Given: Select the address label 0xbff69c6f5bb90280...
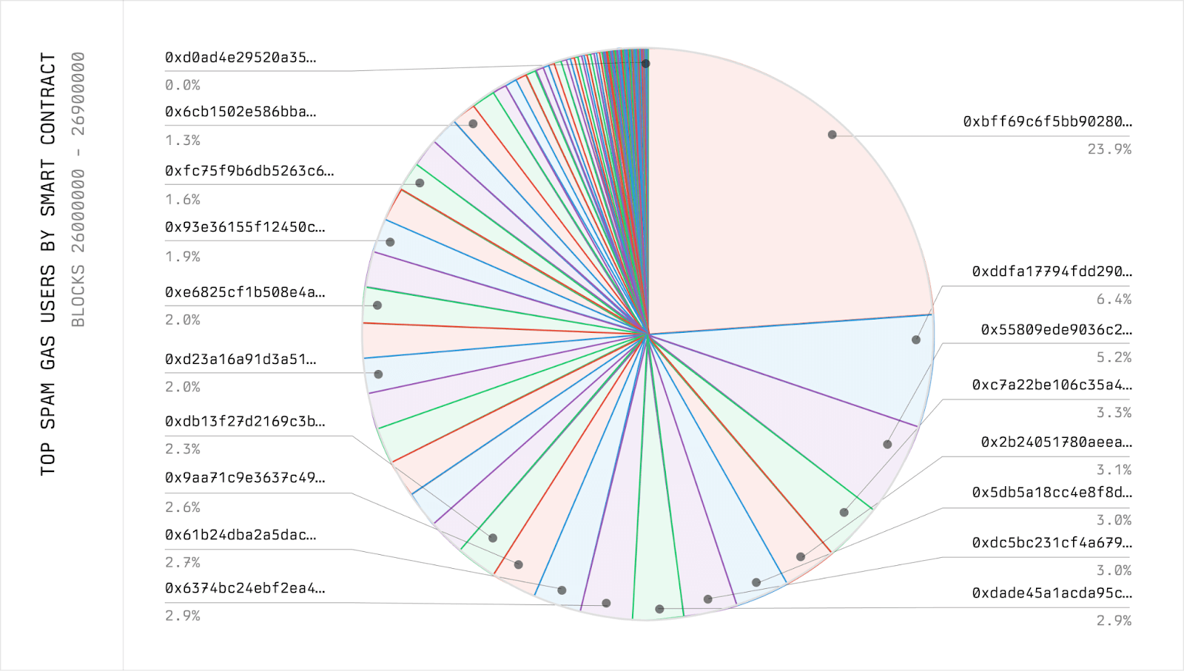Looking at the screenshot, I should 1047,121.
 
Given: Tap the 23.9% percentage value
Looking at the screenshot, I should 1109,149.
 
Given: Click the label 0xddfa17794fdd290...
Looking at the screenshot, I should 1052,272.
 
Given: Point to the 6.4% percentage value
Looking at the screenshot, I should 1114,300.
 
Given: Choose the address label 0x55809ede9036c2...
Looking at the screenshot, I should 1056,329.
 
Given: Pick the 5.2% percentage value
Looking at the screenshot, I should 1114,357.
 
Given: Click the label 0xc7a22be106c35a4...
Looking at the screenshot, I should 1052,385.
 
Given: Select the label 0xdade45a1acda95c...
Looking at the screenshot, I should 1052,593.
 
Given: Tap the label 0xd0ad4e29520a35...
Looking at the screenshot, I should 240,58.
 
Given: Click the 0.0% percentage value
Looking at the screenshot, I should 183,86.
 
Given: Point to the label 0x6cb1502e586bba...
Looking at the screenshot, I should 240,112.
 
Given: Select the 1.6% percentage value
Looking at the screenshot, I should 183,200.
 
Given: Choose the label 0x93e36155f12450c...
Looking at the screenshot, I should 245,227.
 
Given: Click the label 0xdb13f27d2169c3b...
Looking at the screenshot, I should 245,422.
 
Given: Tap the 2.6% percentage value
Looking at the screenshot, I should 183,508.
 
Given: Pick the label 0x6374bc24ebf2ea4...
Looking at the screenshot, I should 245,588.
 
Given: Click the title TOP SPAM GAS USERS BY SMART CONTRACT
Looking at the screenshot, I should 48,263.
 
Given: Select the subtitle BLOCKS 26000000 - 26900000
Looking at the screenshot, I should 78,189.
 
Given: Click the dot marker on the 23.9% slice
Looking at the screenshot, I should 832,135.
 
